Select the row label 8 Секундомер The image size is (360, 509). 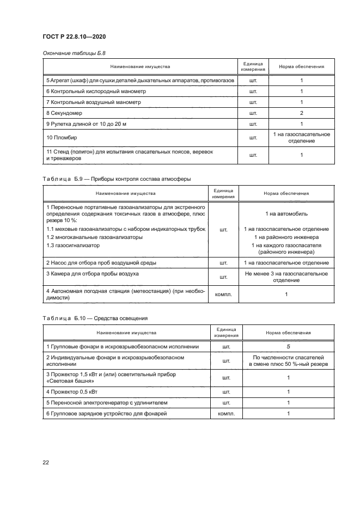coord(64,113)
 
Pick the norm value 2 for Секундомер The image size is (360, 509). coord(301,113)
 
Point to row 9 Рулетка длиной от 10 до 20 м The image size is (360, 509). coord(86,124)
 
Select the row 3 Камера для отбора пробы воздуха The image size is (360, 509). coord(93,273)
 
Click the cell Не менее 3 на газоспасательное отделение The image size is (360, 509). coord(286,277)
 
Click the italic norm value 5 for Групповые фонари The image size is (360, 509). coord(288,346)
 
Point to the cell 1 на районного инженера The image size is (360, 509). coord(286,237)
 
